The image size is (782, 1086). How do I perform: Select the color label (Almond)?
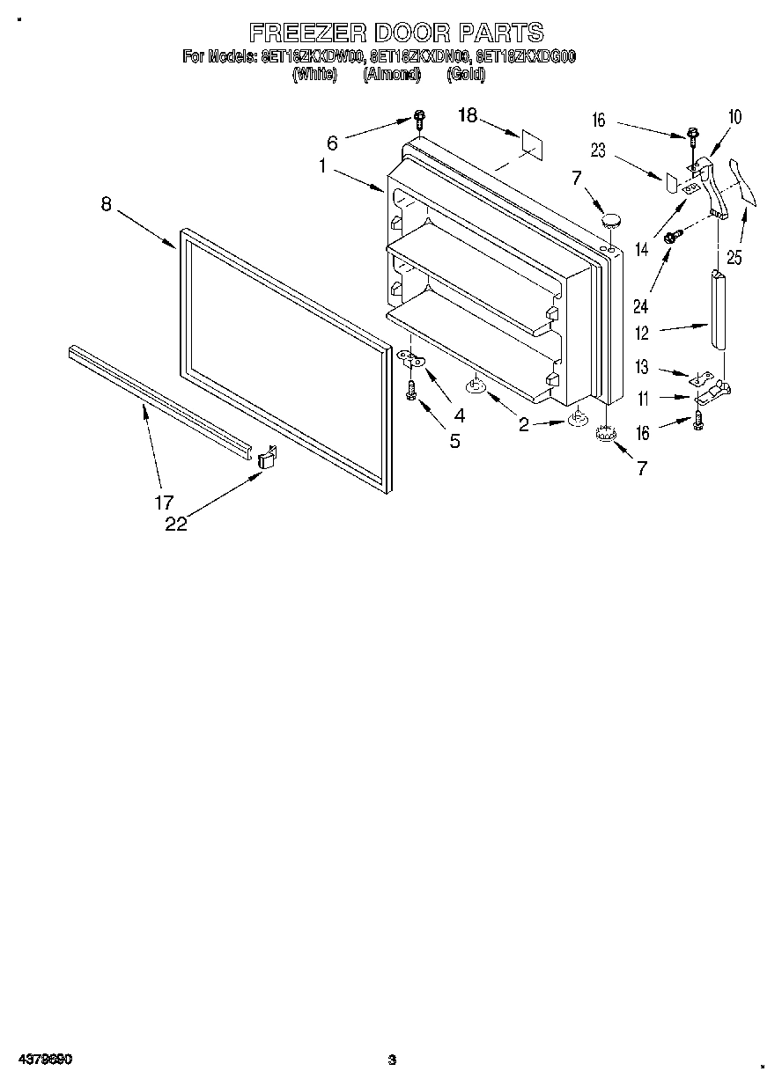[x=392, y=75]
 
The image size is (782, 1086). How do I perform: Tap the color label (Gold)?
[x=466, y=75]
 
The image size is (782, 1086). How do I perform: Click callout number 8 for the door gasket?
[x=107, y=204]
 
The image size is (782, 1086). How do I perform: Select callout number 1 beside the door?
[x=323, y=165]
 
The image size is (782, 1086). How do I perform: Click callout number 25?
[x=733, y=258]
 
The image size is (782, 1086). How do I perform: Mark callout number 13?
[x=642, y=368]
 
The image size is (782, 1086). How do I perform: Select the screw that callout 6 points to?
[x=419, y=120]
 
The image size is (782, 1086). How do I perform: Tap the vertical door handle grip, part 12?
[x=719, y=312]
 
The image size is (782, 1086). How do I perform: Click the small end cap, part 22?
[x=268, y=459]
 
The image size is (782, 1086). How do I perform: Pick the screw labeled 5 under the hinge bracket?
[x=410, y=392]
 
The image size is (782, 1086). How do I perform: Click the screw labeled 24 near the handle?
[x=673, y=236]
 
